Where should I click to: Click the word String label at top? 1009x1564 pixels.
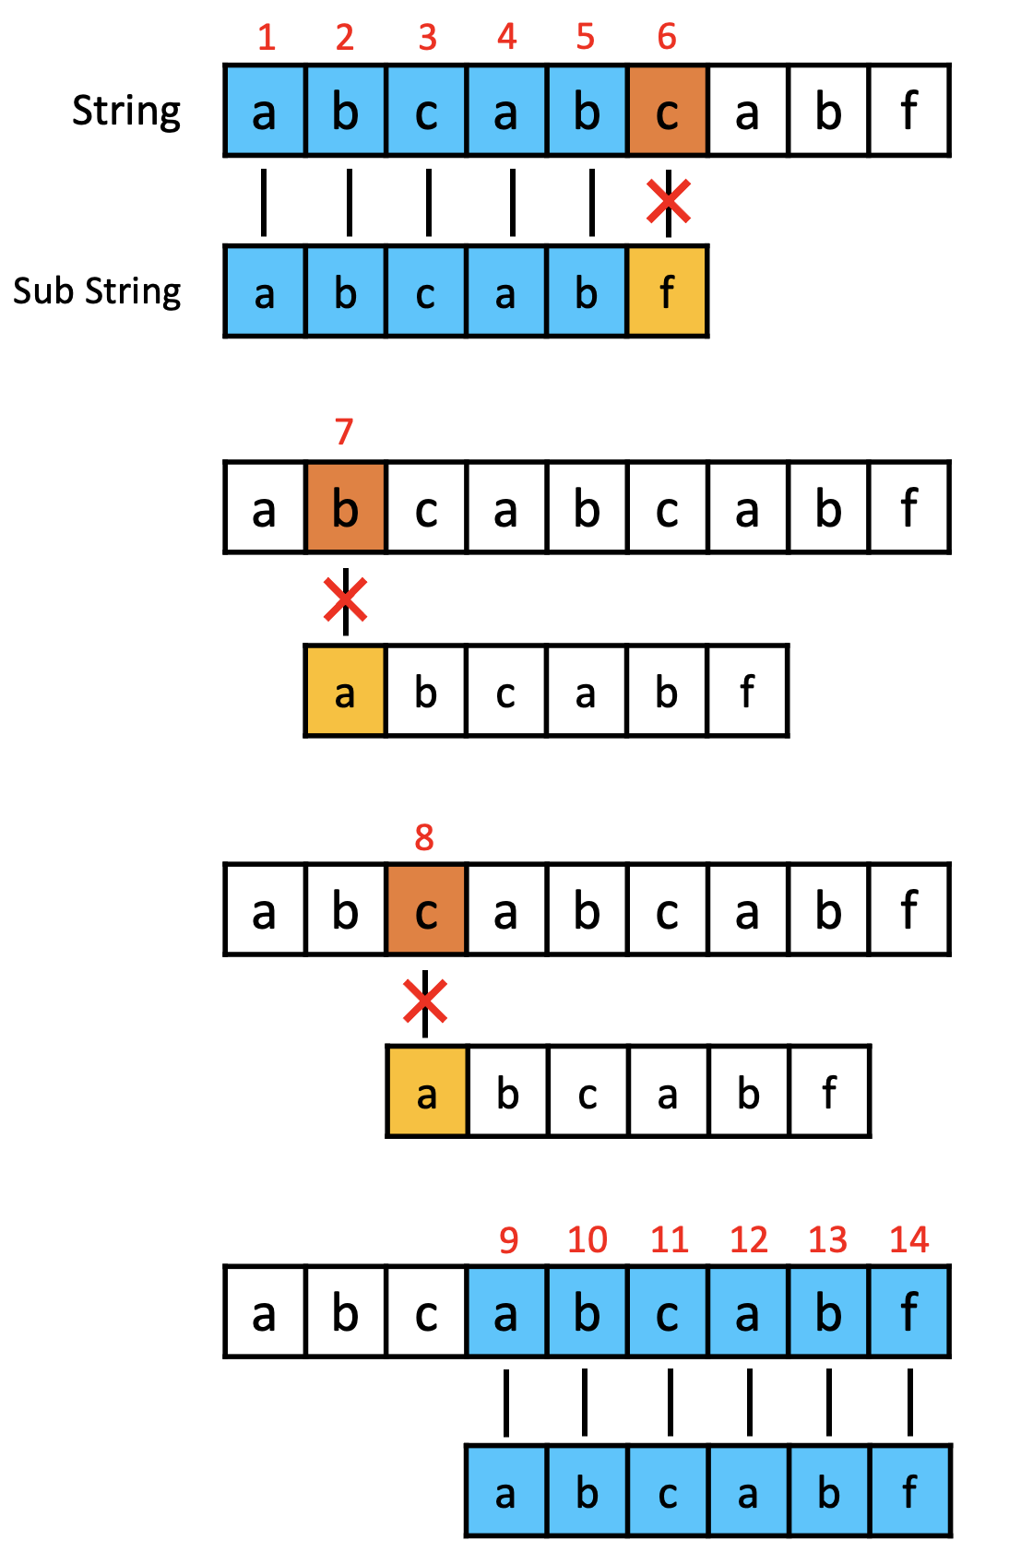click(126, 112)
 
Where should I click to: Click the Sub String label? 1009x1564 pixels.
click(97, 291)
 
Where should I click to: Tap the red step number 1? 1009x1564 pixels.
click(267, 38)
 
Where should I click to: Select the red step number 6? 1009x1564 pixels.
click(667, 38)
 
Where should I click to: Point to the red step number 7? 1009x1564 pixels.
click(344, 432)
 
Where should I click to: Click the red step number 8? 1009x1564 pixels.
click(424, 837)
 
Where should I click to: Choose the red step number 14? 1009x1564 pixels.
click(908, 1240)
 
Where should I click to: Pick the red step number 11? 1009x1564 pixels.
click(670, 1240)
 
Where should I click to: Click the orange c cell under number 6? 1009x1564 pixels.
click(667, 112)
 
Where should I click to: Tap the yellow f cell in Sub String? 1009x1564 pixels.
click(667, 292)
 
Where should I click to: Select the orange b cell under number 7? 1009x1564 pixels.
click(345, 508)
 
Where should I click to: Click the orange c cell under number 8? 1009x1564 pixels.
click(425, 910)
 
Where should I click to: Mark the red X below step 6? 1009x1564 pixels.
click(669, 202)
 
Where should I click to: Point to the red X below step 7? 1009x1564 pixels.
click(346, 600)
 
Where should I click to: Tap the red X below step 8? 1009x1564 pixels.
click(425, 1001)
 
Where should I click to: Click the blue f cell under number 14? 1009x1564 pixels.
click(909, 1311)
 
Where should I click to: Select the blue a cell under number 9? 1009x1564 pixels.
click(505, 1311)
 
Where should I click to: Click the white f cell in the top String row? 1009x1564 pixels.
click(909, 112)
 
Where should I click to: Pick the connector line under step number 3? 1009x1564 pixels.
click(428, 202)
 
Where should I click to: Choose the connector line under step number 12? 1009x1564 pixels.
click(749, 1402)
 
